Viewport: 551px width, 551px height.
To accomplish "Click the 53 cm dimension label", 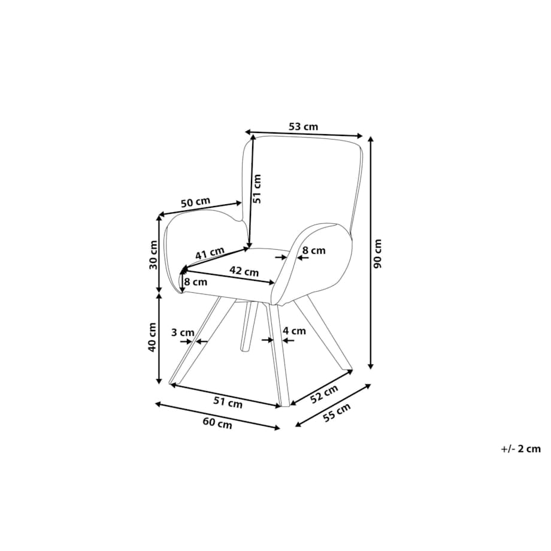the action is (x=303, y=126).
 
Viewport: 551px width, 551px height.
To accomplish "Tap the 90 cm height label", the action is (x=377, y=254).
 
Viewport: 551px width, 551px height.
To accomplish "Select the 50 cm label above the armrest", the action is (x=195, y=202).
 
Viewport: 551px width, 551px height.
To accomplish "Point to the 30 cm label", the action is (x=153, y=255).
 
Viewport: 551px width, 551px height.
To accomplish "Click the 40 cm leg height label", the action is (x=152, y=337).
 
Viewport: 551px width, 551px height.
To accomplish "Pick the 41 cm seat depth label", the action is (x=210, y=253).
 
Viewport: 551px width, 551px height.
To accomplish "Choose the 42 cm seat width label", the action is (x=244, y=271).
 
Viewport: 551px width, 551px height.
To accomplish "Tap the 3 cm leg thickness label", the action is (x=183, y=332).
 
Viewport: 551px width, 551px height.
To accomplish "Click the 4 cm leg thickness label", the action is (x=295, y=331).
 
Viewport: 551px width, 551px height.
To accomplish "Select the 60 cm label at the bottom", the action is (x=217, y=423).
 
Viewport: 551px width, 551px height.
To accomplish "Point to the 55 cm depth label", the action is (x=337, y=413).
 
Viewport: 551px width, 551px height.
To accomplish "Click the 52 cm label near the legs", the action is (x=325, y=394).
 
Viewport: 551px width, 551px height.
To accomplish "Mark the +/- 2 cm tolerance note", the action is (x=521, y=449).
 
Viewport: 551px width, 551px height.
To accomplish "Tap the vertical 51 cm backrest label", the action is (x=257, y=189).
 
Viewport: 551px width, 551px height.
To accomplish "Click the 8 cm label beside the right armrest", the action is (x=314, y=250).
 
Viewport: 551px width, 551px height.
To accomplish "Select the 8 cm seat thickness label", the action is (x=196, y=282).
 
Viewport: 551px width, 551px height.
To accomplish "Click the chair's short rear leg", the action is (x=249, y=326).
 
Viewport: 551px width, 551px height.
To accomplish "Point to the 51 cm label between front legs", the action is (x=228, y=402).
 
